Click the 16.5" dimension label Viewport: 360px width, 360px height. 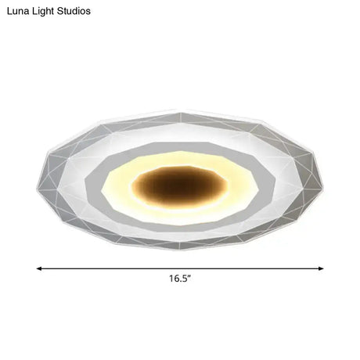coord(180,279)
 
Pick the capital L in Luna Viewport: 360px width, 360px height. coord(8,12)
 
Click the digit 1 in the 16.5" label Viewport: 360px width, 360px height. coord(171,279)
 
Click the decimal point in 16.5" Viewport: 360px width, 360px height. coord(181,281)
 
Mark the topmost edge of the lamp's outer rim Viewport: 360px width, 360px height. coord(180,110)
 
